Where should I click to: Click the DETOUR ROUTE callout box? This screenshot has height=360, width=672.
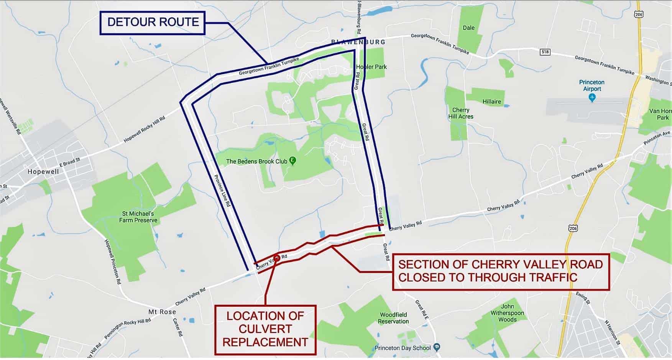(x=153, y=23)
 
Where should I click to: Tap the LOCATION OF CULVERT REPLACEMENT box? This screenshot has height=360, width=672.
(x=265, y=329)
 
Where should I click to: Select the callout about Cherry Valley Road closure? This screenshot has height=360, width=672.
(x=500, y=271)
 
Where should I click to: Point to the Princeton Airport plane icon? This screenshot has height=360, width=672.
(x=592, y=98)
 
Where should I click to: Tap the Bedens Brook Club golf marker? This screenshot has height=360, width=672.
(x=293, y=161)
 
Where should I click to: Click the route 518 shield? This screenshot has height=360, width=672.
(x=545, y=52)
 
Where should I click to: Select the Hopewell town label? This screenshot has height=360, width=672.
(x=43, y=172)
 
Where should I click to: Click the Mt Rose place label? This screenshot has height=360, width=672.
(x=162, y=312)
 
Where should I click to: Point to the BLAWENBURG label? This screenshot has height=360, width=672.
(x=358, y=42)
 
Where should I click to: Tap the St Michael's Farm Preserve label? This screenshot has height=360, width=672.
(x=138, y=217)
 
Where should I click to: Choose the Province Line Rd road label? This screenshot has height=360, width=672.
(x=222, y=191)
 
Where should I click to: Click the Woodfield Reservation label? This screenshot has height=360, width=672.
(x=393, y=318)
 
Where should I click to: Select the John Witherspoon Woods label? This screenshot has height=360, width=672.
(x=507, y=313)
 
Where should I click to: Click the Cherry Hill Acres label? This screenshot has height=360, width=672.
(x=461, y=113)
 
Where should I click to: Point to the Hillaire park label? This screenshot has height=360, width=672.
(x=491, y=102)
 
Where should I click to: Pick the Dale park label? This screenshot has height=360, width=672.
(x=468, y=28)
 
